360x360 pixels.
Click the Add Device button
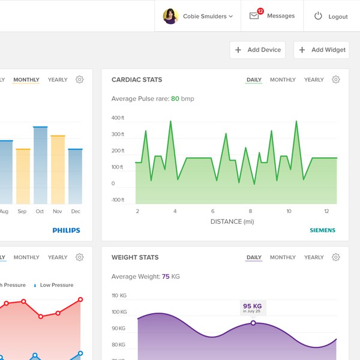(257, 50)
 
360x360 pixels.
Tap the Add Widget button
(322, 50)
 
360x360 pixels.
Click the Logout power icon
(318, 16)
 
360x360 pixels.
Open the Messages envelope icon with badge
(255, 16)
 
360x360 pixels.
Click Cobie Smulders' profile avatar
(170, 16)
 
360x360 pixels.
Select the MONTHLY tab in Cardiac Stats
(283, 80)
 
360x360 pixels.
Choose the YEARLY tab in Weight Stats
(314, 257)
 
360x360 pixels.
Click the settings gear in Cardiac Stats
(336, 80)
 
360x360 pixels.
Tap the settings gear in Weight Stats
(336, 257)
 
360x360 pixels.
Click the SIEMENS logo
(322, 230)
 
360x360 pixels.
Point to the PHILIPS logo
(66, 230)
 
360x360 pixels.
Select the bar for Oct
(40, 166)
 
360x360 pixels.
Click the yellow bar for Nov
(58, 170)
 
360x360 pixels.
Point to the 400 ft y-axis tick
(118, 118)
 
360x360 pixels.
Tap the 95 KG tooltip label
(253, 308)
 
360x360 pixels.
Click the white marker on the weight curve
(253, 323)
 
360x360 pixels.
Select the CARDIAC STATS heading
(137, 80)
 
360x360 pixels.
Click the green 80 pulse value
(175, 98)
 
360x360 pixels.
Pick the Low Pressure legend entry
(54, 285)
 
